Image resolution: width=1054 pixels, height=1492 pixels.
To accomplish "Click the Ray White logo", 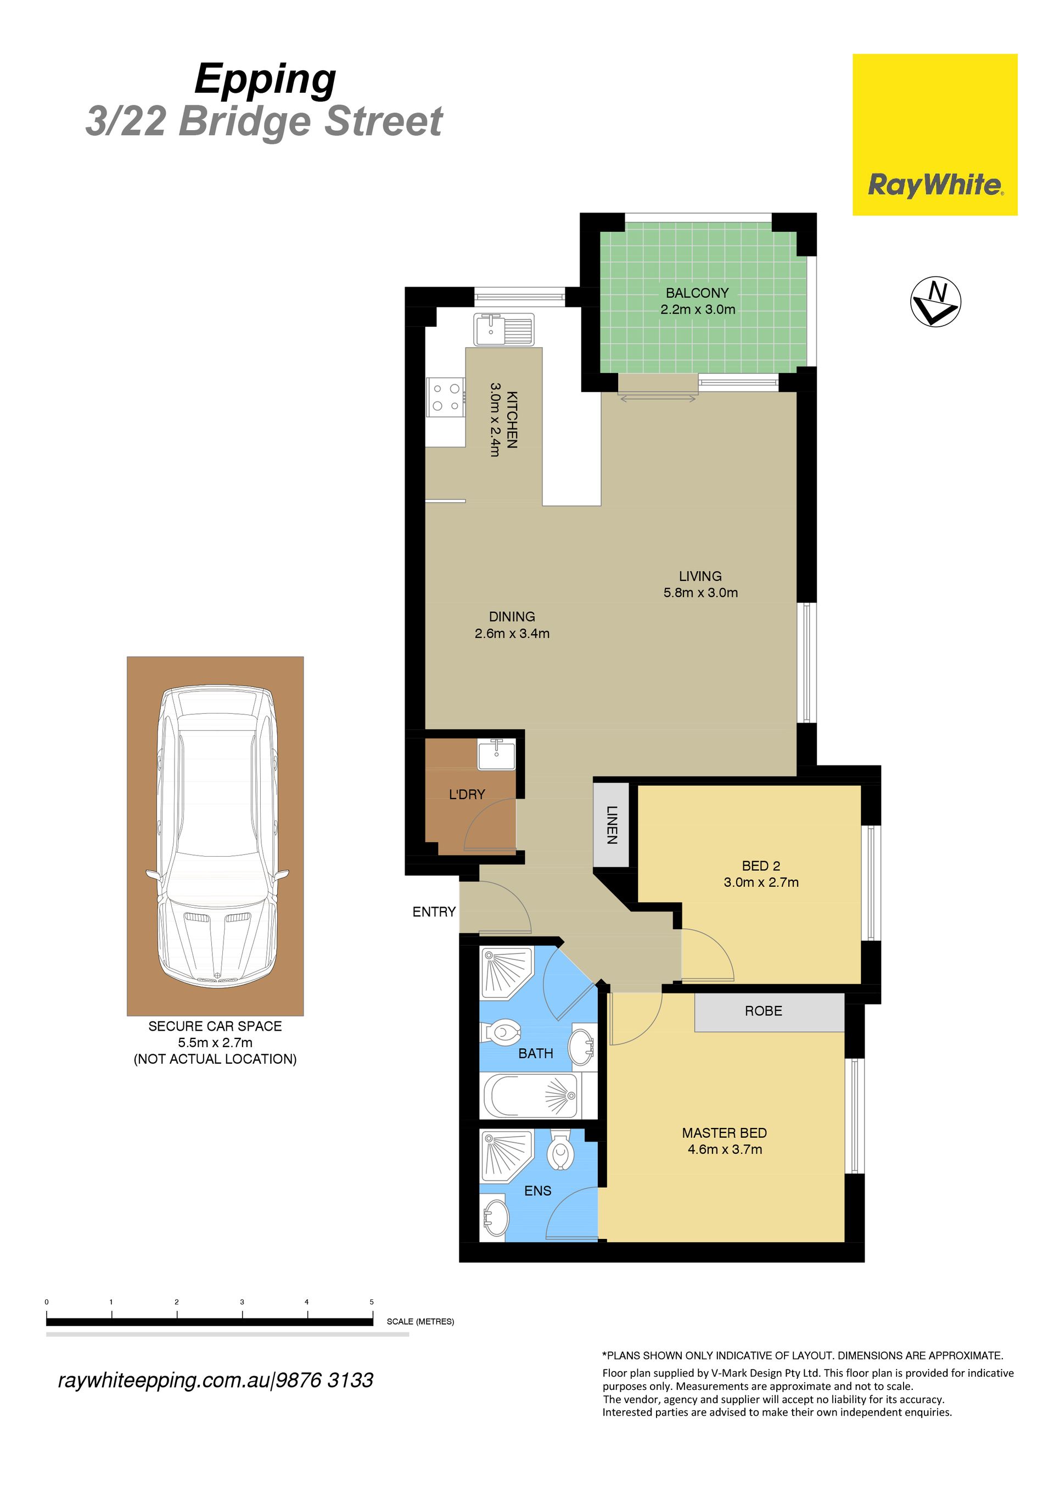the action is tap(934, 135).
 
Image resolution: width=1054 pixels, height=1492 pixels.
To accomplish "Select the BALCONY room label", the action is tap(697, 293).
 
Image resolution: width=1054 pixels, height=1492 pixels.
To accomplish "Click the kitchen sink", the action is tap(504, 329).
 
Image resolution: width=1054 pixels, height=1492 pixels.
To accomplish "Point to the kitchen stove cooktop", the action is tap(446, 397).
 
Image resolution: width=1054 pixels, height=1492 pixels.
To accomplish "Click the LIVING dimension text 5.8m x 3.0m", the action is tap(700, 593).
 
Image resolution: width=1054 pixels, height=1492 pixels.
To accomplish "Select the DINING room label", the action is tap(512, 617).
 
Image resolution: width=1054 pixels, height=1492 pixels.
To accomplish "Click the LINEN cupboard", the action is tap(611, 825).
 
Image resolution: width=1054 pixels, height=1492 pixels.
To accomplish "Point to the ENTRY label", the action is tap(434, 912).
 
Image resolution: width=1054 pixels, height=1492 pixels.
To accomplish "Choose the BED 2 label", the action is tap(761, 865).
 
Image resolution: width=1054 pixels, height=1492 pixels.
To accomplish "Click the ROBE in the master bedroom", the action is tap(770, 1011).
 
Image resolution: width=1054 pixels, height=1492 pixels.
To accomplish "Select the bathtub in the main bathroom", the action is tap(530, 1096).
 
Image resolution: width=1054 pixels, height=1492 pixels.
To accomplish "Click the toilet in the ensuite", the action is tap(560, 1153).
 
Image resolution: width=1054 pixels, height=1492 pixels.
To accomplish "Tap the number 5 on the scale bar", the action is tap(372, 1301).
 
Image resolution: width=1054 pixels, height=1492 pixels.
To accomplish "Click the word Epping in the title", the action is tap(266, 81).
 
